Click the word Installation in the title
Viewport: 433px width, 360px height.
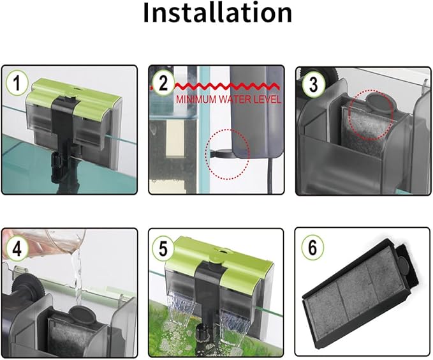point(217,13)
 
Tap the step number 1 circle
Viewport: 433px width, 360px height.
point(17,82)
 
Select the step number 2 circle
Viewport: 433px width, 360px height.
point(163,83)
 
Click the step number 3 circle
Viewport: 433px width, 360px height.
point(313,84)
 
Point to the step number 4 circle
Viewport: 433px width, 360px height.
point(17,249)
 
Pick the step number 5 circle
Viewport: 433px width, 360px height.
point(164,248)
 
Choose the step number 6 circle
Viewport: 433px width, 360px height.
point(312,248)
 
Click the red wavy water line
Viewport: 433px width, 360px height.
point(216,86)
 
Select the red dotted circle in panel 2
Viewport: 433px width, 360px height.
point(227,154)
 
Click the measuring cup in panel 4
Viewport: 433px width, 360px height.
point(45,242)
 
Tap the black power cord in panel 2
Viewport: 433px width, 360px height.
point(270,175)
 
